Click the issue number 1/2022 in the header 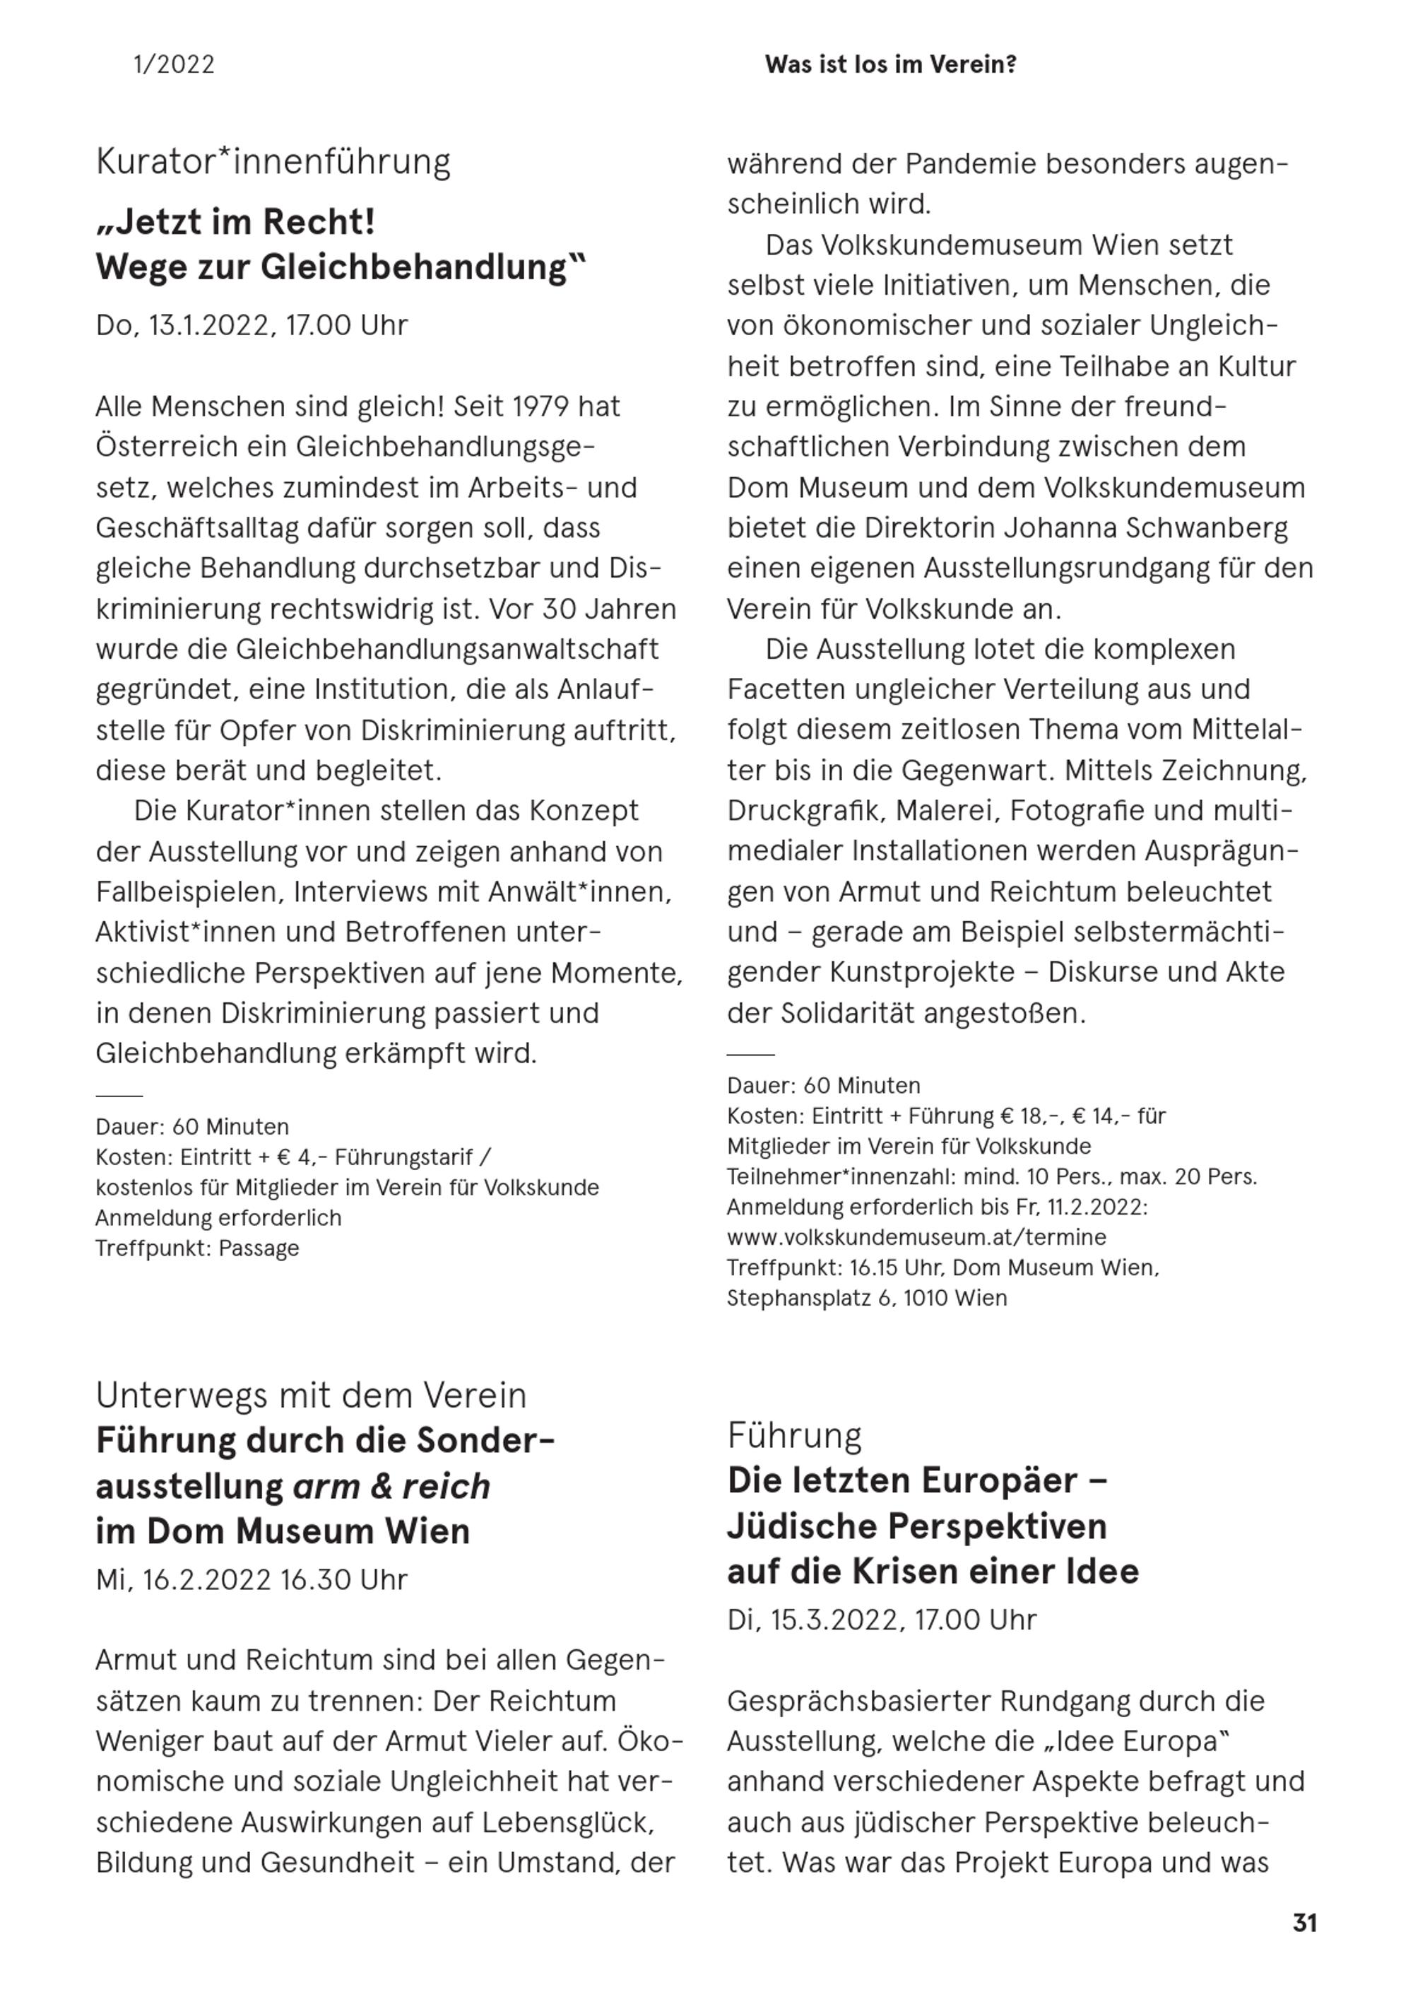click(174, 65)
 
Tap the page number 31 click(1305, 1923)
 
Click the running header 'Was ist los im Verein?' click(890, 65)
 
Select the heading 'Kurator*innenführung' click(273, 163)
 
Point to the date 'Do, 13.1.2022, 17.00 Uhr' click(252, 326)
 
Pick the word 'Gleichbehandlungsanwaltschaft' click(447, 650)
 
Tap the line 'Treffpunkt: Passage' click(198, 1248)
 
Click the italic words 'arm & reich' click(391, 1487)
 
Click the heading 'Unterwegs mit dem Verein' click(311, 1396)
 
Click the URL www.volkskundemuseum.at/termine click(916, 1238)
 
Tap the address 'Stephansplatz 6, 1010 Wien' click(867, 1298)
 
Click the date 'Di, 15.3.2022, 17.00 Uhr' click(882, 1620)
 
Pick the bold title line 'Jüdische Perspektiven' click(916, 1527)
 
